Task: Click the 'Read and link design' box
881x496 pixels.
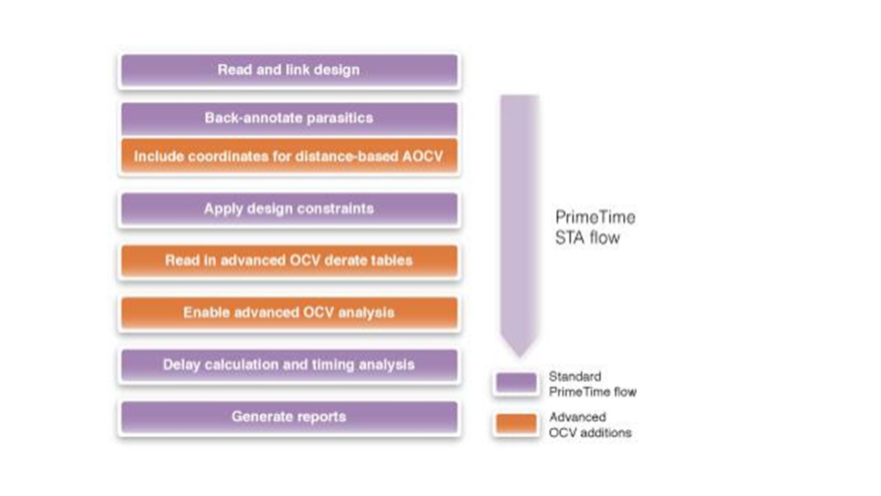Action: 289,70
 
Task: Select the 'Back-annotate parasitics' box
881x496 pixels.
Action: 289,118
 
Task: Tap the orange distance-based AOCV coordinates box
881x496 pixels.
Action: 289,157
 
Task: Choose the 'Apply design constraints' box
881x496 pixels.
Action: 289,209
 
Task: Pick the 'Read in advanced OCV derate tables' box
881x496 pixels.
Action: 289,261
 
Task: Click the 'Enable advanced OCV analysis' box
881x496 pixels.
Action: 289,313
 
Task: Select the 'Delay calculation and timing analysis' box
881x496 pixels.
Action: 289,365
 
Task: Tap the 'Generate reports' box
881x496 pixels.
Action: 289,417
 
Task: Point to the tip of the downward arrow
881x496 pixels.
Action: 520,355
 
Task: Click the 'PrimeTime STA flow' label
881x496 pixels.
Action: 595,227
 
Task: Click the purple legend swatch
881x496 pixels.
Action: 516,384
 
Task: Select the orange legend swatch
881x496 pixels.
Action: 516,424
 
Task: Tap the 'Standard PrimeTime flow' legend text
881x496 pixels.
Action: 592,384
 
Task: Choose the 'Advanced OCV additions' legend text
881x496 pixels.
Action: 590,424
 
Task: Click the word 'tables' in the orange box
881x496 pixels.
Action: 390,261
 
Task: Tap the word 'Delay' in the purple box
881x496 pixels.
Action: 181,365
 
